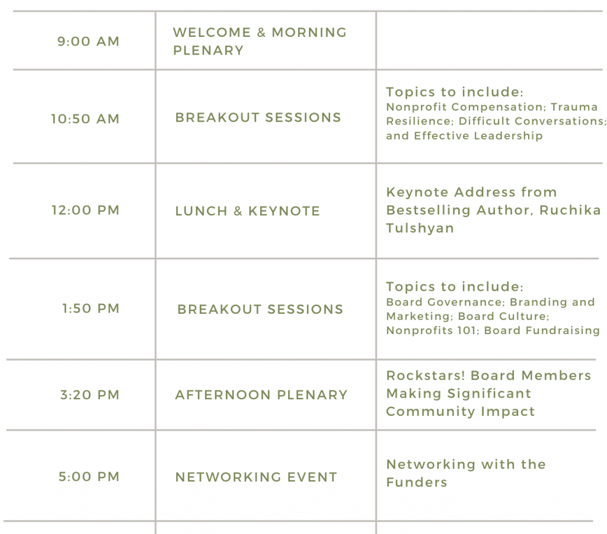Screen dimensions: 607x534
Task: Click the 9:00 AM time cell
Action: point(88,41)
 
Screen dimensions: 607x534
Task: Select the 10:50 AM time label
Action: point(85,119)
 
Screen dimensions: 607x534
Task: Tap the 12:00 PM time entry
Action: point(85,210)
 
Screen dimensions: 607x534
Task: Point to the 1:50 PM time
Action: point(91,309)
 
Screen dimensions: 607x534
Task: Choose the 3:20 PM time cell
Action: point(90,395)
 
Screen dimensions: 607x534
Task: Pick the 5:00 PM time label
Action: point(89,476)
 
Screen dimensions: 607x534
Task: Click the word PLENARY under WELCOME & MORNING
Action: point(208,50)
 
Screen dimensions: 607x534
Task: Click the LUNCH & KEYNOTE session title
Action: point(248,211)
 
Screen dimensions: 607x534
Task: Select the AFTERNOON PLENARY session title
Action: point(261,395)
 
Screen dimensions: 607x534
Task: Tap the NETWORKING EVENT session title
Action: point(256,477)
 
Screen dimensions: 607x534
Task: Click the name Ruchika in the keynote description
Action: point(570,210)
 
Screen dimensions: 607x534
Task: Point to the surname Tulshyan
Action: point(420,228)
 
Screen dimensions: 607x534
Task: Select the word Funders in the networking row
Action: point(417,482)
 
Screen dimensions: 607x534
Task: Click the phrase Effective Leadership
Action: point(478,136)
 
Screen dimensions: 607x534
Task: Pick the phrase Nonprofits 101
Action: point(431,330)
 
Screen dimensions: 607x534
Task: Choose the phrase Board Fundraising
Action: point(542,330)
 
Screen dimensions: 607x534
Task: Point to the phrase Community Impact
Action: point(460,412)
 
